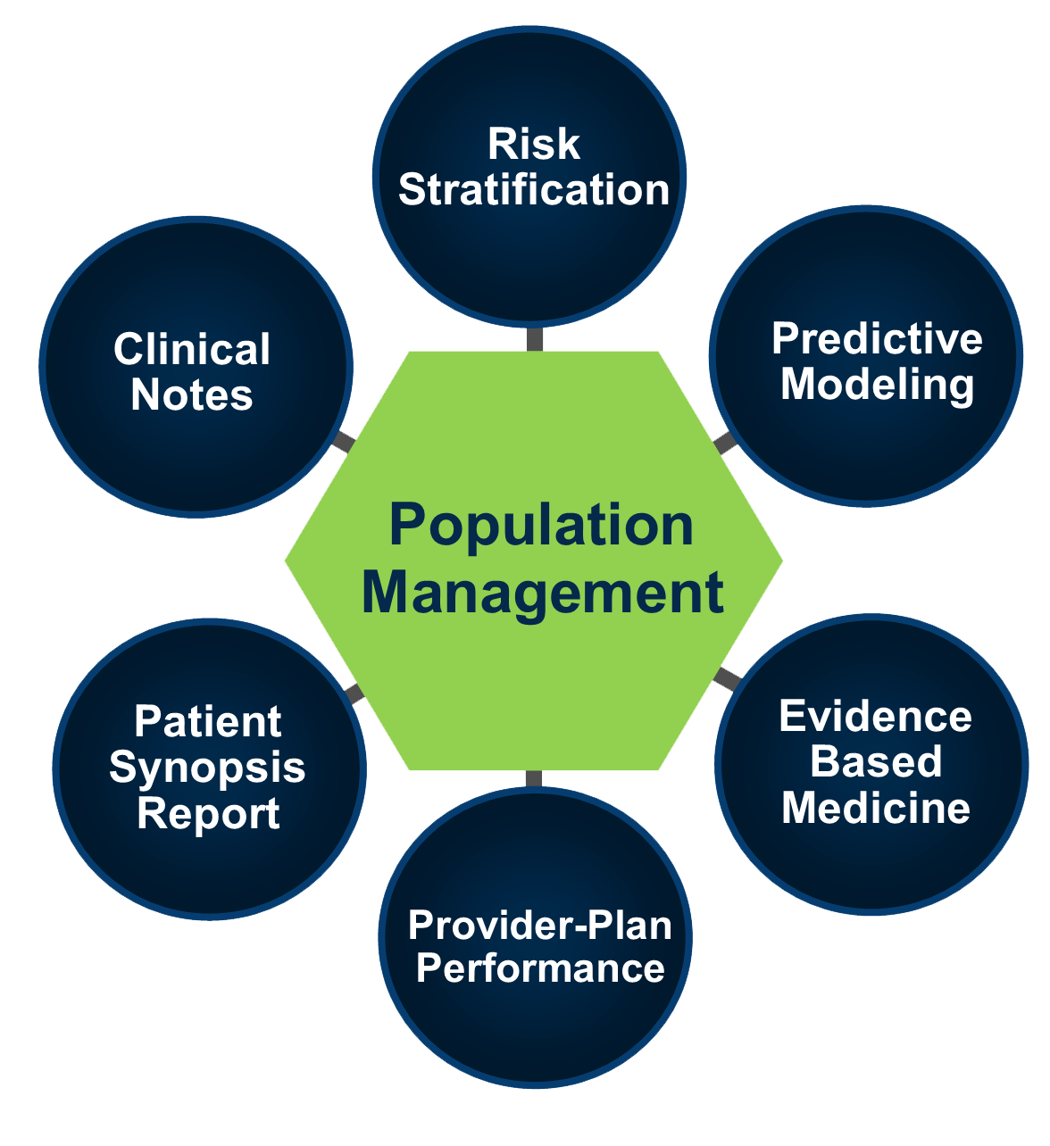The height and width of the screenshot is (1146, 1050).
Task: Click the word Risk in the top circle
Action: pos(533,144)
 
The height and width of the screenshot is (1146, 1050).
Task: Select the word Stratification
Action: pos(533,190)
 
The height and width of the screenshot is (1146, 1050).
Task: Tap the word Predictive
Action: pos(876,339)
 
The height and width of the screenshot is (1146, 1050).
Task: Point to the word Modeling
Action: pos(877,386)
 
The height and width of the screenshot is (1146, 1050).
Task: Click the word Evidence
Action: pos(875,717)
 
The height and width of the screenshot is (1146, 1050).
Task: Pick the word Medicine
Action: pos(876,808)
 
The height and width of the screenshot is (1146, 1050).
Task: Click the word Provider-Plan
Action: pos(539,926)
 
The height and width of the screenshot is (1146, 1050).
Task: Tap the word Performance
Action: pos(540,969)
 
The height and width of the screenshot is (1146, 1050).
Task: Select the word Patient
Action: pos(208,721)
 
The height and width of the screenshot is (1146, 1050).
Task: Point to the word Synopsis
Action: pos(207,768)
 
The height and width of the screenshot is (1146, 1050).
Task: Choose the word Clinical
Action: pos(191,349)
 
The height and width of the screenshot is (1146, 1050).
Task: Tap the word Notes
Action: pos(191,395)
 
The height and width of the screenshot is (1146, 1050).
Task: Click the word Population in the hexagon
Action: pos(541,527)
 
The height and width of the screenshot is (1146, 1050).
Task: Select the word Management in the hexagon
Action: pos(543,594)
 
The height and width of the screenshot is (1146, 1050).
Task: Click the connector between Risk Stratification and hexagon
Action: pos(535,339)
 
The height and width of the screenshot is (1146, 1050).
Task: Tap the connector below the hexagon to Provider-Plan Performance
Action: pos(533,779)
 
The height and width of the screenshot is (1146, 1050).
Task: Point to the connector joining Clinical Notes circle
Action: pos(344,442)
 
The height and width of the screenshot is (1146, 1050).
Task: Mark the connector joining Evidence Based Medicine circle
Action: pos(727,678)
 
